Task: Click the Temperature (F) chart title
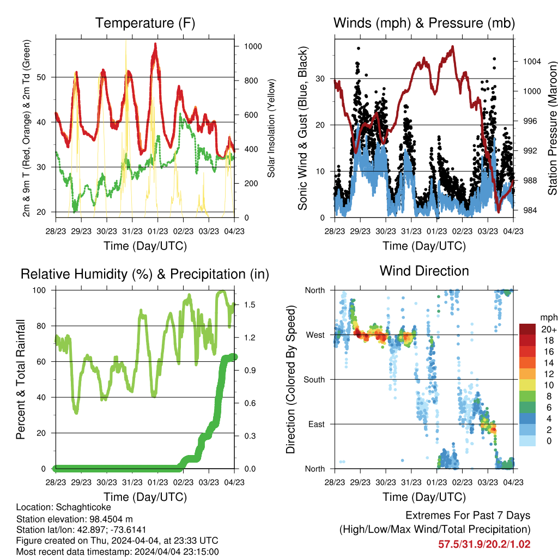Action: (145, 23)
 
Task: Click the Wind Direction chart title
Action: (424, 271)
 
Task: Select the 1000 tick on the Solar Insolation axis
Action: (253, 46)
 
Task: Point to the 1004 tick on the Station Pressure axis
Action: (532, 62)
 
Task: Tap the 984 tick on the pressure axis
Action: (530, 210)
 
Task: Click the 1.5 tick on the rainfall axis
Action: (250, 305)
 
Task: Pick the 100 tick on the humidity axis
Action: (39, 290)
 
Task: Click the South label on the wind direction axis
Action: (314, 380)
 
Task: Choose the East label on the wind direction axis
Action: (317, 424)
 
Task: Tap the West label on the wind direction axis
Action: (316, 335)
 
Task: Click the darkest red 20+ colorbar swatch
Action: (527, 329)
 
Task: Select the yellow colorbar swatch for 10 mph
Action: (527, 385)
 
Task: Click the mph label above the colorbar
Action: (549, 318)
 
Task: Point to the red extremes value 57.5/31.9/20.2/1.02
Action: (484, 544)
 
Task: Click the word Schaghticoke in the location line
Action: (83, 507)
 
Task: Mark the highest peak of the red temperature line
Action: (155, 44)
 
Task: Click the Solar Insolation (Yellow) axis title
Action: (271, 129)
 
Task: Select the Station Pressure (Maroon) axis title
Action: (553, 128)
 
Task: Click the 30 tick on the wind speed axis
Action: (320, 78)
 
